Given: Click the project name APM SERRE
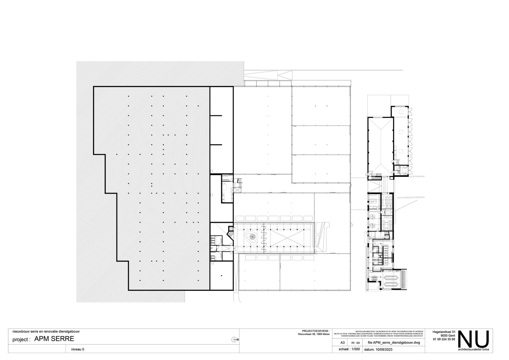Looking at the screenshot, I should (54, 339).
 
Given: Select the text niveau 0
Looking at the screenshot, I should (78, 349).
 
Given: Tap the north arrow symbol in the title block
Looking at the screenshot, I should (234, 339).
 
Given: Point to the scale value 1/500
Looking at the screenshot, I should (355, 349).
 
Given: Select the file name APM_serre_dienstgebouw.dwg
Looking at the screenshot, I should (394, 343).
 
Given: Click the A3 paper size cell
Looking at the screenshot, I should (342, 343).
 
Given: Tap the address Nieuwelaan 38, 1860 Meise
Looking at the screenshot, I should (313, 334).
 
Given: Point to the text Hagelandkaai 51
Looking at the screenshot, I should (444, 332).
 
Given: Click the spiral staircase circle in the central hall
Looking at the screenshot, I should (252, 237).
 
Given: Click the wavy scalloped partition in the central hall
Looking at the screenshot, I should (264, 238).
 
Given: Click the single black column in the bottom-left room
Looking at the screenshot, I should (221, 276).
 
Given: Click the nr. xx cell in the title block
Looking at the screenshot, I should (355, 343).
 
